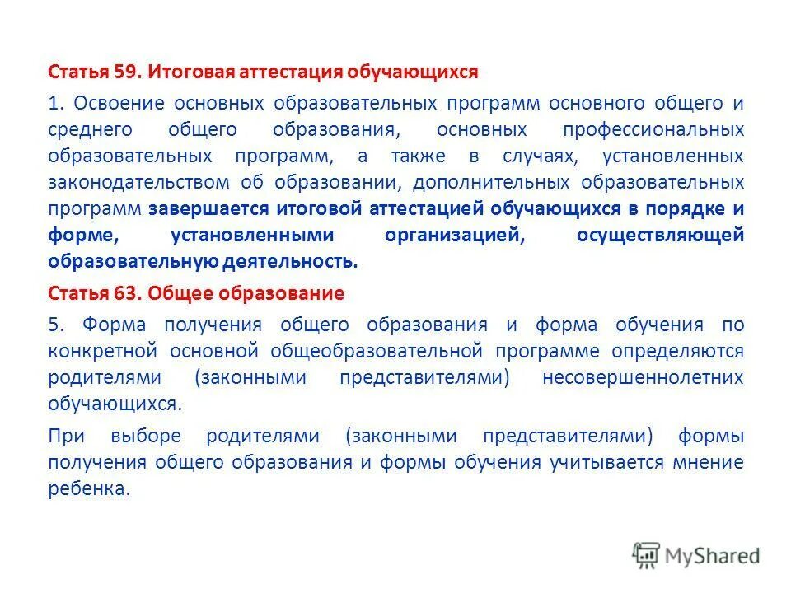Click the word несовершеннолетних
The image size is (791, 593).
point(644,377)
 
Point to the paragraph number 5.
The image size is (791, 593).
point(54,325)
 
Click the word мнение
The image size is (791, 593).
point(709,461)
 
